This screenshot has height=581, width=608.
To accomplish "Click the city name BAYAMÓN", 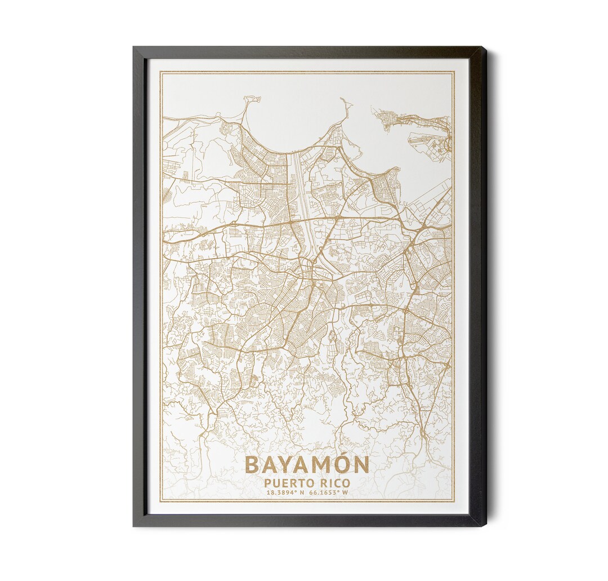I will tap(307, 465).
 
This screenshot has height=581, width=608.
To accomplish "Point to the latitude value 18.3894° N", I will tap(286, 493).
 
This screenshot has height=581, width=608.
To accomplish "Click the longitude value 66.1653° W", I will tap(328, 493).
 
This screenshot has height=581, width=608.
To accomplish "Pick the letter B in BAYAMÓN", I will tap(253, 465).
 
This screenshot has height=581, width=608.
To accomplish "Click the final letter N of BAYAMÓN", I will tap(360, 465).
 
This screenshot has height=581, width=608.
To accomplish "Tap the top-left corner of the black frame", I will tap(134, 47).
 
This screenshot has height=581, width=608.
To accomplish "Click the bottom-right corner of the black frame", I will tap(485, 526).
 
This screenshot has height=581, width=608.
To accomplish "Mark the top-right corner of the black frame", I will tap(485, 47).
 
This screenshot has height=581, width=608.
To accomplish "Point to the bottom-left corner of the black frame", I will tap(134, 526).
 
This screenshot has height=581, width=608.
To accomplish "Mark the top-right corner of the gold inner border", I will tap(454, 72).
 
